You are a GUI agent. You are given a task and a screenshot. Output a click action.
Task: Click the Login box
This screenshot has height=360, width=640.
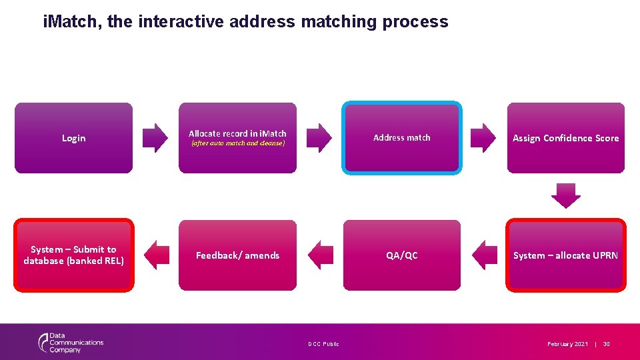73,138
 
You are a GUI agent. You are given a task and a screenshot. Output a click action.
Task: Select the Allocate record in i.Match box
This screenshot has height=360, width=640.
237,138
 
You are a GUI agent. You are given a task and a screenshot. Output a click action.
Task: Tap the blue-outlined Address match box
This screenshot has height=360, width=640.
401,138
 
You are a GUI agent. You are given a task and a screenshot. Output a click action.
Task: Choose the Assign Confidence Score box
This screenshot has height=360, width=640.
565,138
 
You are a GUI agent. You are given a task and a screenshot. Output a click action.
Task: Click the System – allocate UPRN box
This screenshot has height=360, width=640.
565,255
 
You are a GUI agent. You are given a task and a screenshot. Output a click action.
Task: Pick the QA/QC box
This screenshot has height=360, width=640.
401,255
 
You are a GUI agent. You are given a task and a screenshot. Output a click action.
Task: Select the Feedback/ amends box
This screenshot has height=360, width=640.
237,255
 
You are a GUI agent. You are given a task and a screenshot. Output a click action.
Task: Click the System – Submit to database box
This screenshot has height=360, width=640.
73,255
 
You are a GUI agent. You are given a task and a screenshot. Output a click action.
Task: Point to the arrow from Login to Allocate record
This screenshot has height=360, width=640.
155,138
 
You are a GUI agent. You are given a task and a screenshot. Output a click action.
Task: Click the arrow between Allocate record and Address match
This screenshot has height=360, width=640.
319,138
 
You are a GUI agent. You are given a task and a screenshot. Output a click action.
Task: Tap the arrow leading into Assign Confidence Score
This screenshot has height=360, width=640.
483,138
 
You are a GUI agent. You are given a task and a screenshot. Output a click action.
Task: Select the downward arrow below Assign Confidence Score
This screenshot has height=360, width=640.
565,195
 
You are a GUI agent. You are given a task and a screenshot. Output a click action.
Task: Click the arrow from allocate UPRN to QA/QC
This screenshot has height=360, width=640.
485,255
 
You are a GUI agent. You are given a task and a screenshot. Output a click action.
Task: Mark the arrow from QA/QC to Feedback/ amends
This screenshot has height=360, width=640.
321,255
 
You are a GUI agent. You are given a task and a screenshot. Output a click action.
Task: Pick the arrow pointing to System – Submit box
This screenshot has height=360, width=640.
157,255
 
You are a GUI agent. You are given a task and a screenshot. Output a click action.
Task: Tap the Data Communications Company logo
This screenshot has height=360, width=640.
71,343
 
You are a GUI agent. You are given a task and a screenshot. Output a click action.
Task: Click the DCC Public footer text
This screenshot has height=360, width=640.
323,344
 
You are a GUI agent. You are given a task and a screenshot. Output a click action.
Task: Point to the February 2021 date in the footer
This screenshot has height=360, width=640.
567,344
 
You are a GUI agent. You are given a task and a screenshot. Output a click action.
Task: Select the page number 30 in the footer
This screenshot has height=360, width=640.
606,344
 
